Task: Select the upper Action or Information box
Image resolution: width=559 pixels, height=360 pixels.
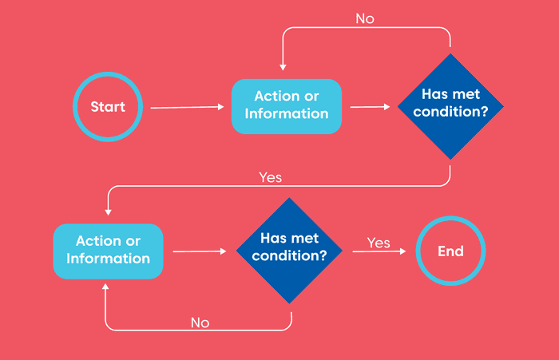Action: click(287, 106)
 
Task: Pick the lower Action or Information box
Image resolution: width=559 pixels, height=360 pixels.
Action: click(108, 251)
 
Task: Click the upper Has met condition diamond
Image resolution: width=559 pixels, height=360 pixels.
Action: click(450, 106)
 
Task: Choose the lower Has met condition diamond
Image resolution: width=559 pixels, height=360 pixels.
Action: click(289, 251)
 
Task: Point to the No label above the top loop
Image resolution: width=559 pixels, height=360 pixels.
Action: click(365, 18)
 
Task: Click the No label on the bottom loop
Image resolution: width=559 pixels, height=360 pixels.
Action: click(200, 322)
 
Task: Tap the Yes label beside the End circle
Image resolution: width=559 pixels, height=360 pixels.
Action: click(379, 243)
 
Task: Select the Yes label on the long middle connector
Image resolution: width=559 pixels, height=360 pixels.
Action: click(270, 177)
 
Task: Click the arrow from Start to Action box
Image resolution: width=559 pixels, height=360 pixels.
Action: click(187, 107)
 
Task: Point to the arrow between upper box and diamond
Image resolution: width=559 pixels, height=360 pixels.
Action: click(370, 107)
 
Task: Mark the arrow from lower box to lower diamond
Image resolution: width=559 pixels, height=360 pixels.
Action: click(200, 251)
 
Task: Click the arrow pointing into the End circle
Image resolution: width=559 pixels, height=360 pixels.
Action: click(379, 251)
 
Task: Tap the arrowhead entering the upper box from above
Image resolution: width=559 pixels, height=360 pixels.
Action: click(283, 67)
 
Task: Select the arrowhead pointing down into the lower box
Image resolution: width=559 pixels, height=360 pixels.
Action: click(109, 212)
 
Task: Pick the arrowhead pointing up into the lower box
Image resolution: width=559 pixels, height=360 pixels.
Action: click(105, 287)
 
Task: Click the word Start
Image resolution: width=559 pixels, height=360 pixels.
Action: click(108, 107)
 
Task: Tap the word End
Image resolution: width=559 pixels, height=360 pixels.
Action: click(450, 251)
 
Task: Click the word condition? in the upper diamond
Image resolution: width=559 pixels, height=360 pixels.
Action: click(450, 112)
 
